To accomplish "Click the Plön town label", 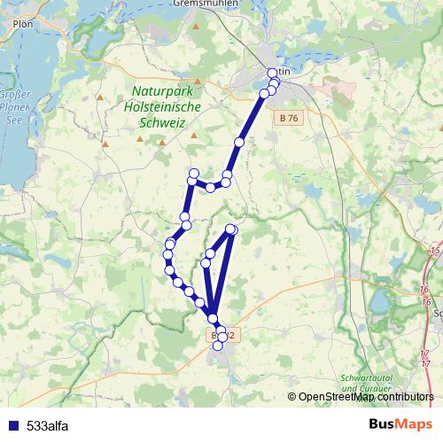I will click(x=22, y=25).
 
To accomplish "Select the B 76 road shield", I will click(x=286, y=117).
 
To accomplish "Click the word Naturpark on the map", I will click(x=167, y=91).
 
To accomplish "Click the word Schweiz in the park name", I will click(x=162, y=123).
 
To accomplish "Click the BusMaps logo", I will click(x=400, y=425).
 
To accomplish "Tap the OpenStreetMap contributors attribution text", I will click(x=365, y=397).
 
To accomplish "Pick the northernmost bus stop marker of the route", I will click(x=272, y=73).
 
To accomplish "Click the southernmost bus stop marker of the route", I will click(x=218, y=346).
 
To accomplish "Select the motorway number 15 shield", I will click(x=435, y=252).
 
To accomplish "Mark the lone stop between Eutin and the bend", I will click(x=238, y=143).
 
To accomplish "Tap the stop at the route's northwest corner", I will click(x=193, y=173).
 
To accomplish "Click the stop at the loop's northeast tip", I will click(x=233, y=229).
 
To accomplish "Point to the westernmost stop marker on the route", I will click(x=167, y=255).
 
